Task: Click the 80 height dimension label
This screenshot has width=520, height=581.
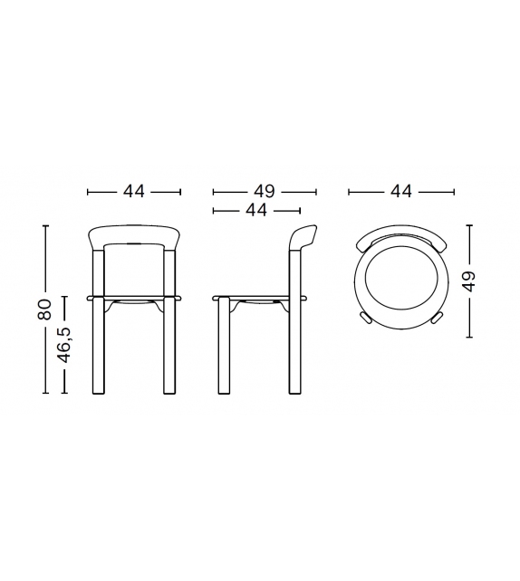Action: click(x=43, y=310)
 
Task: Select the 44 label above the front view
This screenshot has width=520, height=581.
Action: click(x=134, y=191)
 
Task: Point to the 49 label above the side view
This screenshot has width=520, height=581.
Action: click(x=264, y=191)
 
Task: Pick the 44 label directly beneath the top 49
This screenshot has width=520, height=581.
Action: click(x=255, y=210)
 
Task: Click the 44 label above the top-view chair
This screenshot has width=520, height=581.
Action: click(x=400, y=191)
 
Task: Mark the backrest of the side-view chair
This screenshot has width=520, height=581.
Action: click(x=304, y=240)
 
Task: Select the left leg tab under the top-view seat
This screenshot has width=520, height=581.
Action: click(x=365, y=318)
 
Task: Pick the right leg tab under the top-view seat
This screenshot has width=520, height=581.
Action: click(x=436, y=318)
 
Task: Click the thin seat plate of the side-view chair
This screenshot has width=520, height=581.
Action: click(x=258, y=297)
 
